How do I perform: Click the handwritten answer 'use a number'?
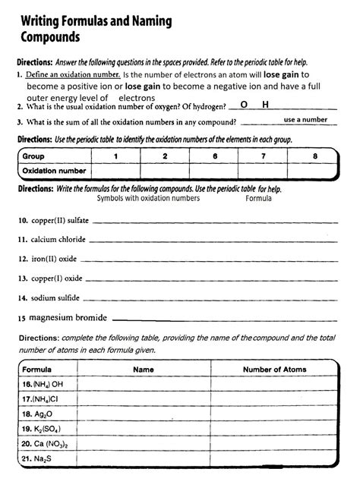pyautogui.click(x=305, y=120)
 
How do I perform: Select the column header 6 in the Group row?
pyautogui.click(x=216, y=156)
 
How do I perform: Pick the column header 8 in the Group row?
pyautogui.click(x=314, y=156)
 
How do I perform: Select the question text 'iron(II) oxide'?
pyautogui.click(x=52, y=258)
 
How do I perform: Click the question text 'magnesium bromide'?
pyautogui.click(x=68, y=317)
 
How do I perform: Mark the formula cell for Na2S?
pyautogui.click(x=38, y=458)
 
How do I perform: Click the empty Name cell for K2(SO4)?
pyautogui.click(x=144, y=429)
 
